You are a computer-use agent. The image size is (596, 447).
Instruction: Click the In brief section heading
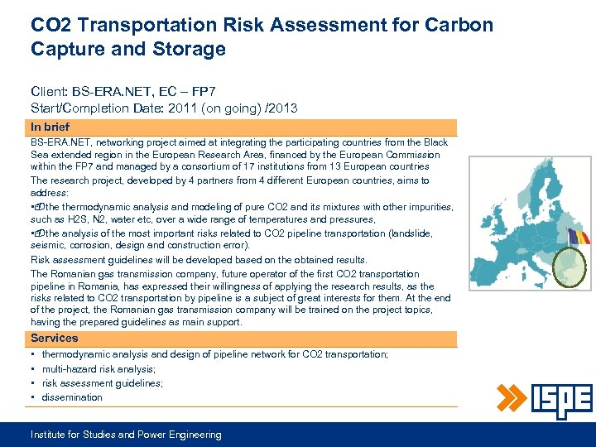[x=50, y=127]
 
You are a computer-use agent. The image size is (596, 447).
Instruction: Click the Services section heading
[x=55, y=339]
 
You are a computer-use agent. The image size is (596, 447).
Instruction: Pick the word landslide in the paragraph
[x=405, y=233]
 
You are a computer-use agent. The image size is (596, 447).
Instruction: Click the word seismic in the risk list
[x=46, y=246]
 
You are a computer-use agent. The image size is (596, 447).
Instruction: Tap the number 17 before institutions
[x=217, y=167]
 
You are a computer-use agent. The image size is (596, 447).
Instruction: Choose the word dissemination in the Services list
[x=72, y=397]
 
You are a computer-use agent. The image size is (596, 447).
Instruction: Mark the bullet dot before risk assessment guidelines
[x=33, y=383]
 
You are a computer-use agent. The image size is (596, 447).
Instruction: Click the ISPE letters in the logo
[x=562, y=401]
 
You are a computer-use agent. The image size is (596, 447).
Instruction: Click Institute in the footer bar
[x=50, y=435]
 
